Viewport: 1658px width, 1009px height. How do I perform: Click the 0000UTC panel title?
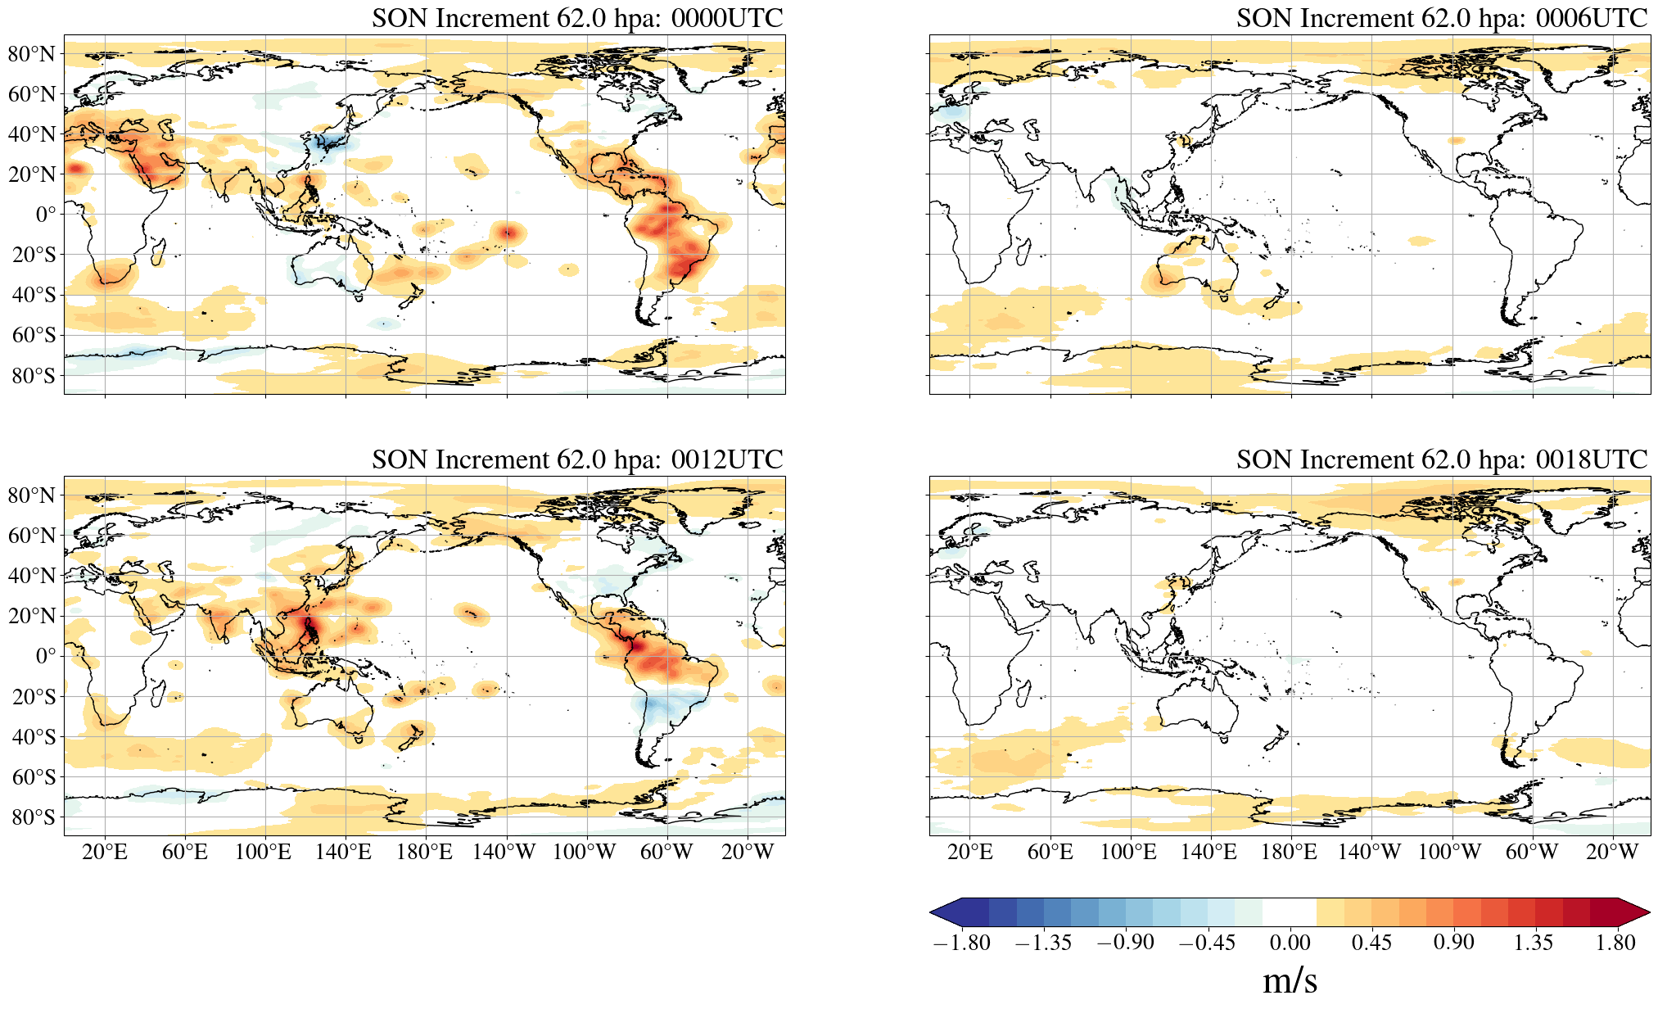pos(577,18)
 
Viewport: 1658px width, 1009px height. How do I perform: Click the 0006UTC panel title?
pos(1442,18)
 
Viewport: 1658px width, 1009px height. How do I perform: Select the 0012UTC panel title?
pos(577,459)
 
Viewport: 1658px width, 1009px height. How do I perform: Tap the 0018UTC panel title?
pos(1442,459)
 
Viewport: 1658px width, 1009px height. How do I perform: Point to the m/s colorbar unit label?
pos(1290,980)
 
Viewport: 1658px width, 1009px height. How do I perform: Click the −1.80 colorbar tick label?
pos(961,943)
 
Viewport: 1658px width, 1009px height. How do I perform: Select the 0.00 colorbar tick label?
pos(1290,943)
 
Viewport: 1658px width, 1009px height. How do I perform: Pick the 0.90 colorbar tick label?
pos(1453,943)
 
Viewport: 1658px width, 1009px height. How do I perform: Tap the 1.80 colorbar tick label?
pos(1615,943)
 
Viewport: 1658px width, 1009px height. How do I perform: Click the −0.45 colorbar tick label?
pos(1207,943)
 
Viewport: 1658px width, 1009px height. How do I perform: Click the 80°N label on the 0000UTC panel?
pos(32,54)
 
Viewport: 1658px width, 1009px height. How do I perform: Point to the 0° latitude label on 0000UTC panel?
pos(46,215)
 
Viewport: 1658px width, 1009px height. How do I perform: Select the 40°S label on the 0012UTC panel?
pos(34,736)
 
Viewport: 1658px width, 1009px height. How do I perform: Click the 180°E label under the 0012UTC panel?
pos(424,853)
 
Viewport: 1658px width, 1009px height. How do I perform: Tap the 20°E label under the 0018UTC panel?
pos(970,853)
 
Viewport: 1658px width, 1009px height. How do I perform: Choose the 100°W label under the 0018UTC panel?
pos(1449,853)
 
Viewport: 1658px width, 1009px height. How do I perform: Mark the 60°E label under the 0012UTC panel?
pos(185,853)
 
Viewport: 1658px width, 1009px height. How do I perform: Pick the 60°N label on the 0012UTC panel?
pos(32,536)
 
